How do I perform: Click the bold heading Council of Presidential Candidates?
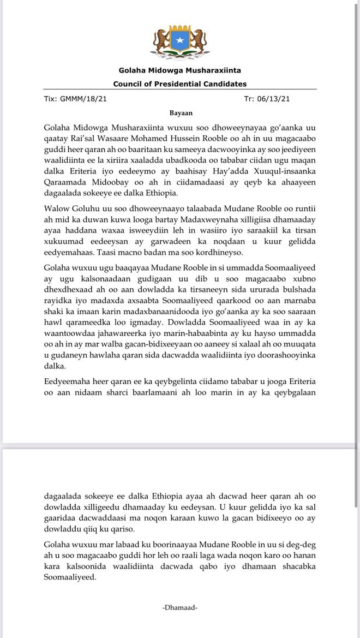pyautogui.click(x=179, y=84)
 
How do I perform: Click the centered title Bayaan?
pyautogui.click(x=179, y=113)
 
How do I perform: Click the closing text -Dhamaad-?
pyautogui.click(x=179, y=607)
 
